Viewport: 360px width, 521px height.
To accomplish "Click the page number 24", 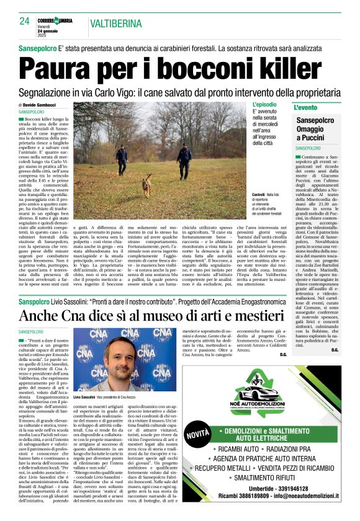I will point(24,21).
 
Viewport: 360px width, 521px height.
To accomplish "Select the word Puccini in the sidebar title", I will point(326,137).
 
